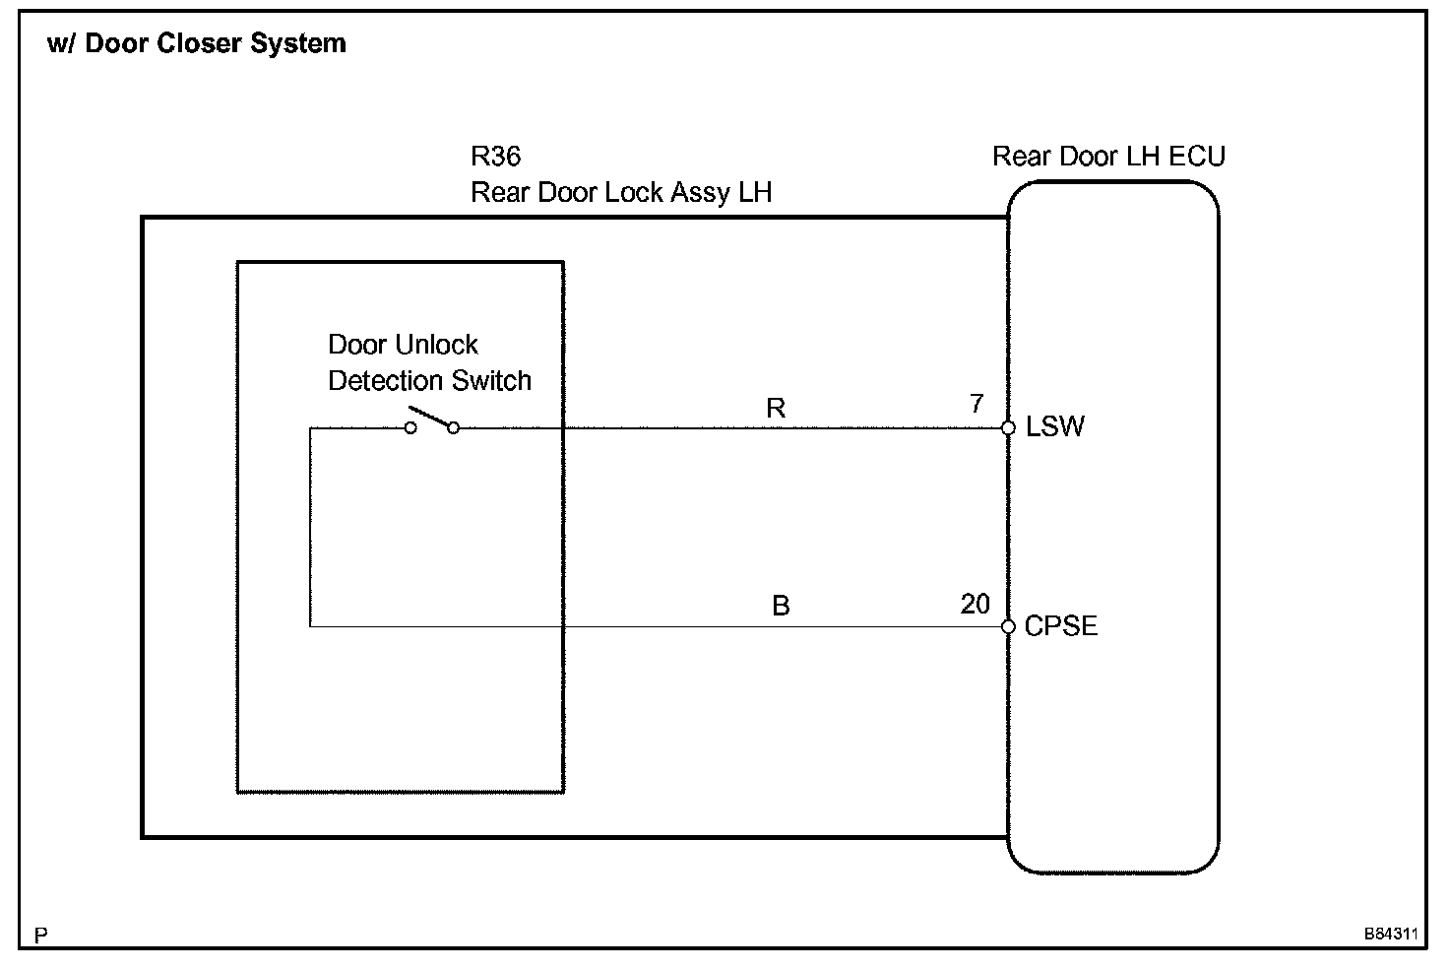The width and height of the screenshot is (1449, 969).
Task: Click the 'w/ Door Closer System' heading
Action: click(x=197, y=44)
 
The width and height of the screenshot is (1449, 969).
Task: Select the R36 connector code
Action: click(x=496, y=157)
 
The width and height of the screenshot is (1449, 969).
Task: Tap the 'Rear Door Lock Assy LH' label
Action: click(x=621, y=192)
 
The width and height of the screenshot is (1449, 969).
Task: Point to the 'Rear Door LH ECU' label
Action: click(x=1108, y=157)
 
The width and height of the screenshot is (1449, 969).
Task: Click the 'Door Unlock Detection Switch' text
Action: click(x=429, y=362)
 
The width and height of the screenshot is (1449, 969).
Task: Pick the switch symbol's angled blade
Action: click(x=430, y=417)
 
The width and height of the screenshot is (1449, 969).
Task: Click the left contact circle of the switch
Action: click(x=410, y=428)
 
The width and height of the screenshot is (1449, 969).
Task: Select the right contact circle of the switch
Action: click(x=453, y=428)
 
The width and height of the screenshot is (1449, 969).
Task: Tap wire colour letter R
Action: click(x=776, y=409)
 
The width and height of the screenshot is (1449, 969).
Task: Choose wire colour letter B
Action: click(x=781, y=607)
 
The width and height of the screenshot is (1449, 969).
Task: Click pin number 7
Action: click(x=976, y=404)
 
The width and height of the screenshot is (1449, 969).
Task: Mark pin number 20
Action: click(x=975, y=604)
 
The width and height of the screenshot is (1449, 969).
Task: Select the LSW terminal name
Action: click(x=1054, y=426)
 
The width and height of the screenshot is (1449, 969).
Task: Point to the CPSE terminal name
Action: click(x=1060, y=626)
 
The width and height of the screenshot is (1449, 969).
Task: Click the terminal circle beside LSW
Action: click(x=1008, y=428)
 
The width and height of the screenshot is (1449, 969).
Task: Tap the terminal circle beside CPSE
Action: click(x=1008, y=627)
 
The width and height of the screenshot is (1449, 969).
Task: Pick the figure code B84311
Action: click(x=1390, y=933)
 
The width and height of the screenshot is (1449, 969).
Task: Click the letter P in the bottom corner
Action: click(x=40, y=935)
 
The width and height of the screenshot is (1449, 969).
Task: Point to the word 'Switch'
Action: click(x=492, y=381)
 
